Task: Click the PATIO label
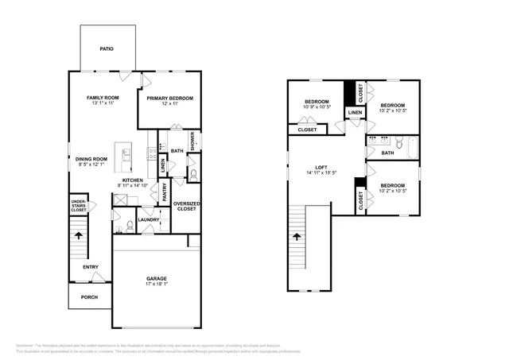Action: (x=106, y=49)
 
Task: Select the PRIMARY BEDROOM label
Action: (x=169, y=99)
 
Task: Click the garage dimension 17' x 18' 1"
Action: (x=156, y=285)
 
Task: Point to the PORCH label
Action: (x=89, y=296)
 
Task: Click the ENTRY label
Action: (x=91, y=266)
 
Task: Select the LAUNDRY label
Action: (x=148, y=220)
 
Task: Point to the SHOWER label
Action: (x=192, y=140)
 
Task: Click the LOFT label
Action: (x=321, y=167)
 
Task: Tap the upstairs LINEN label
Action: (x=355, y=113)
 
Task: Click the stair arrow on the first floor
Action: (x=78, y=236)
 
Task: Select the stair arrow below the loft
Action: (x=297, y=237)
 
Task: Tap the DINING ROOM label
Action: (x=91, y=159)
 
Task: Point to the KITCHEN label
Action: (x=133, y=180)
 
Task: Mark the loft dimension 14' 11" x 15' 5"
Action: (x=321, y=173)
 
